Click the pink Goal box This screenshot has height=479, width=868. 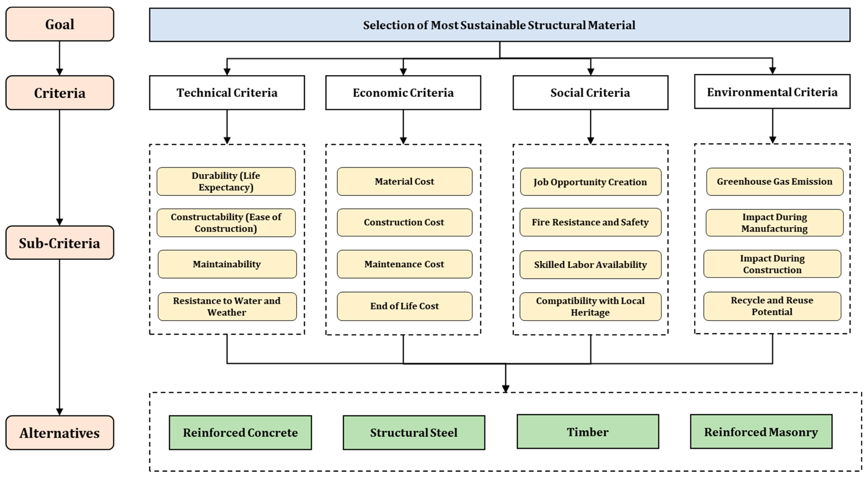(x=60, y=24)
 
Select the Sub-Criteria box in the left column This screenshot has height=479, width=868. (x=60, y=243)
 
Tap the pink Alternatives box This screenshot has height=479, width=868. (x=60, y=432)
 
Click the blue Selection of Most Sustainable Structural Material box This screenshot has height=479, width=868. (x=499, y=25)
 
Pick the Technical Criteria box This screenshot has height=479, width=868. (x=227, y=92)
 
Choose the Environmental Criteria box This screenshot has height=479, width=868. (x=772, y=92)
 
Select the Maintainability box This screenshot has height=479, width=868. (x=227, y=264)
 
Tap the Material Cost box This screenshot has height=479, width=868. (x=404, y=181)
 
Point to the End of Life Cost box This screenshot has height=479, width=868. (x=404, y=306)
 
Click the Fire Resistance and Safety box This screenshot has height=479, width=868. (x=590, y=222)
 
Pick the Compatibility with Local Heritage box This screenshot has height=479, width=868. (x=590, y=307)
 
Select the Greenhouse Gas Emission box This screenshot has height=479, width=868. (x=774, y=181)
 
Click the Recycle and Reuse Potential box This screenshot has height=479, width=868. (x=772, y=306)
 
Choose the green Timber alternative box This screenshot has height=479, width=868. (x=588, y=432)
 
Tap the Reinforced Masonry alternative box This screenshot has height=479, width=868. (x=761, y=432)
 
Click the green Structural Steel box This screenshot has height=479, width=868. (x=414, y=432)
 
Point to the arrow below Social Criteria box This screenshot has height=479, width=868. (x=590, y=126)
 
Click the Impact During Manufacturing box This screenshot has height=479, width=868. (x=774, y=222)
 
